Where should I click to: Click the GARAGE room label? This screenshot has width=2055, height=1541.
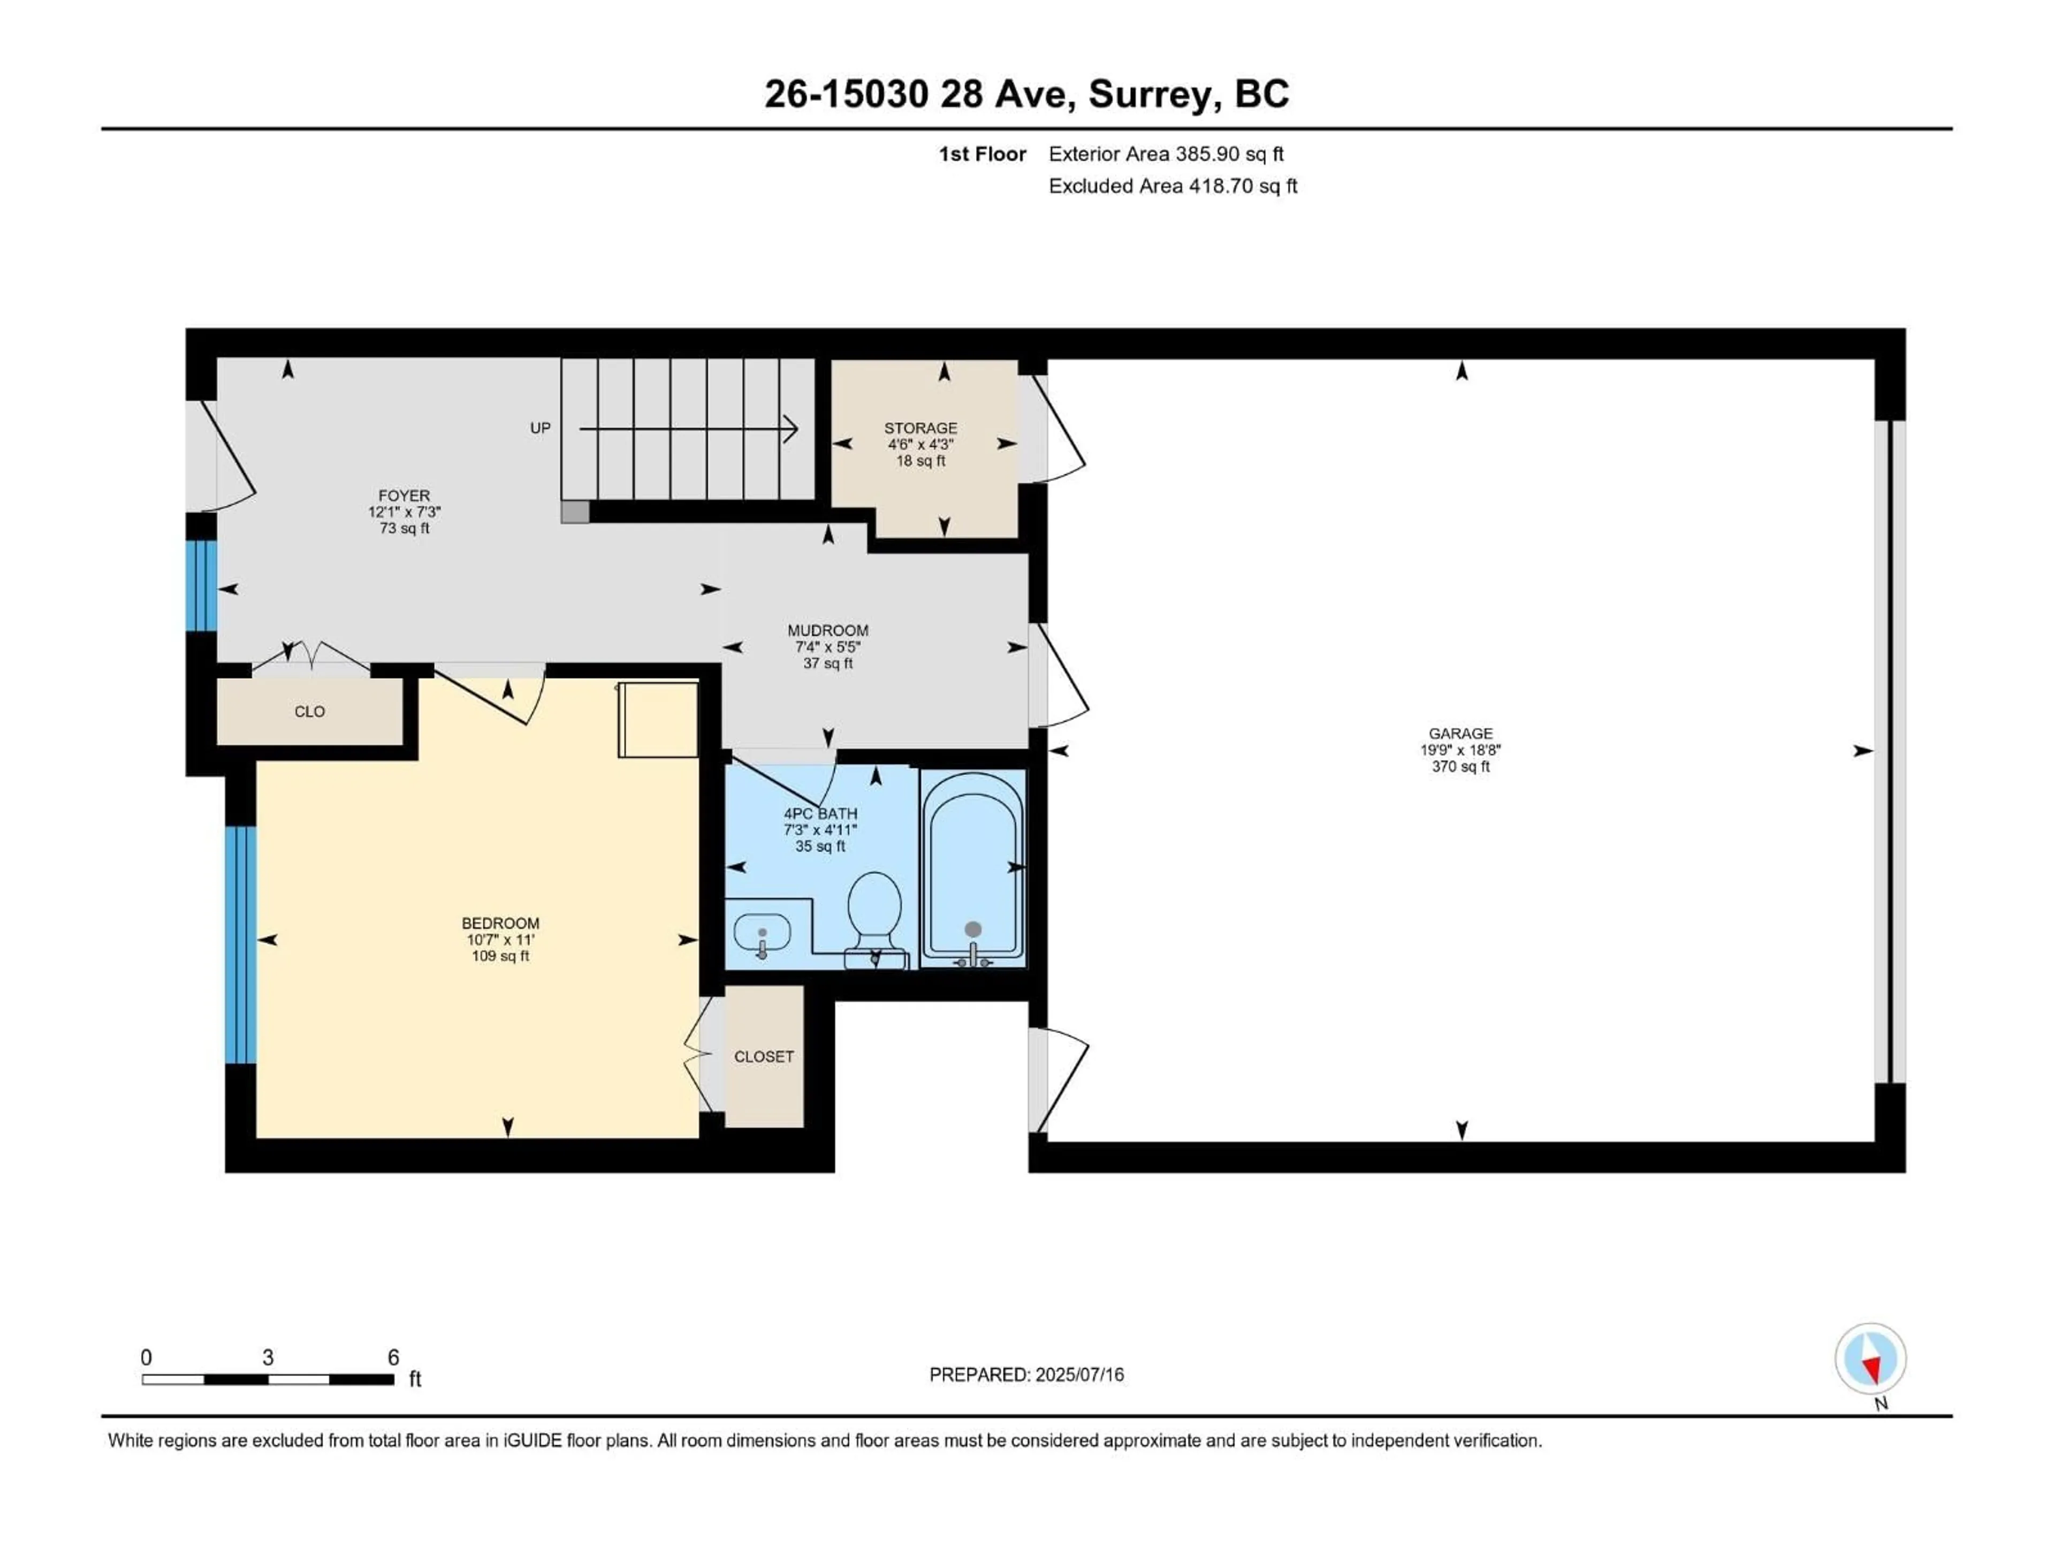[1460, 734]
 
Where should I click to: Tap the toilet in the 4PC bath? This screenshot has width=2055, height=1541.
[874, 906]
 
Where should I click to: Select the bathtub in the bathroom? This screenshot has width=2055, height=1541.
[973, 868]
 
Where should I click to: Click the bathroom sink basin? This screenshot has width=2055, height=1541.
[762, 930]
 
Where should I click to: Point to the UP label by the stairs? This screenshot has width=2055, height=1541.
[540, 428]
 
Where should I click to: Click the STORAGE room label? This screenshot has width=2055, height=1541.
[920, 428]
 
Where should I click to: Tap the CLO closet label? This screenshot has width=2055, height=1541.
[309, 712]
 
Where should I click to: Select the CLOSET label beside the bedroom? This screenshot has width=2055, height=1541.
[764, 1056]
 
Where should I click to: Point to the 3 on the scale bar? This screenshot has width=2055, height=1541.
[268, 1357]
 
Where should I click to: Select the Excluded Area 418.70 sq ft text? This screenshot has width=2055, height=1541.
[1173, 186]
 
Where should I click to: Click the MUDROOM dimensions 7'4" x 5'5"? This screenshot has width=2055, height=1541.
[828, 646]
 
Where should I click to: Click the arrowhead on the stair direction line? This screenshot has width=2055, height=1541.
[791, 428]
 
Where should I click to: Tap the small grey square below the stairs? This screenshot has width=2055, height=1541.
[575, 512]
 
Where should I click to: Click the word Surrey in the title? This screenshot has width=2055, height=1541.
[1149, 94]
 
